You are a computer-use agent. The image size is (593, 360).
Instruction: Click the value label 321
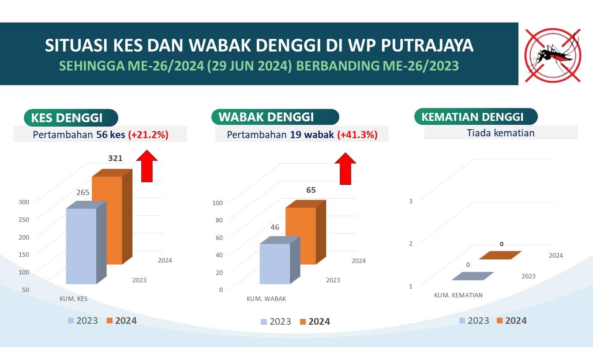115,158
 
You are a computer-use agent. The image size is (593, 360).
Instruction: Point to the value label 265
83,192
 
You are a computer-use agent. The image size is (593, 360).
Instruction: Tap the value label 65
311,190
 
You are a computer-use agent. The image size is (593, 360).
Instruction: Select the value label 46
275,227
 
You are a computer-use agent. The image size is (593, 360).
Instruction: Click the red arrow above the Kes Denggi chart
147,166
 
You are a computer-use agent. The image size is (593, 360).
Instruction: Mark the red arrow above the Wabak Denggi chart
345,169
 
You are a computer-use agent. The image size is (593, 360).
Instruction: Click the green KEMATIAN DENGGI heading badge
476,116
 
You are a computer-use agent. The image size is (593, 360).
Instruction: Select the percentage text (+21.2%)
148,135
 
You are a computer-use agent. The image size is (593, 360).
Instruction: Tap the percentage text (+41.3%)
357,135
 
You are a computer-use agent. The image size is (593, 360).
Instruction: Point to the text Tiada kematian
500,133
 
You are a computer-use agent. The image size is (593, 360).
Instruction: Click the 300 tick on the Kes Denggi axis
24,202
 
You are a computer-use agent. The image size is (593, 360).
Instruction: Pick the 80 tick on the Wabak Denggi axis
219,220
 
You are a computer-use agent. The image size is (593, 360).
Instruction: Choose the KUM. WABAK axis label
266,299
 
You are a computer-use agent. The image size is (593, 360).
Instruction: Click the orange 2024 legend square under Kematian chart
499,321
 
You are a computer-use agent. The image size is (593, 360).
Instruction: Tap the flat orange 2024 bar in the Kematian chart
500,255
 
